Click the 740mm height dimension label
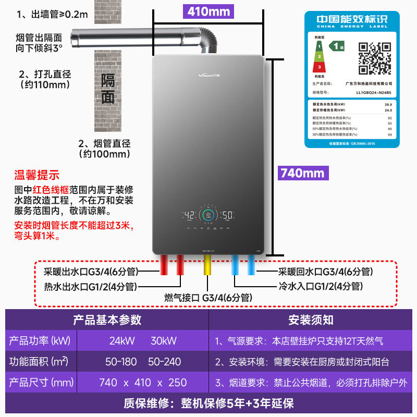point(302,173)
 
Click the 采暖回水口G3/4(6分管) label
point(325,272)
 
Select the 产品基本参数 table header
point(107,320)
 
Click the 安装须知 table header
point(311,320)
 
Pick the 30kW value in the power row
point(164,341)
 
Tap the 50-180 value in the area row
point(118,362)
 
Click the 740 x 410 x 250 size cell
point(143,383)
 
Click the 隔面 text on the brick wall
point(108,89)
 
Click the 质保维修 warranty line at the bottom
point(208,404)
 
